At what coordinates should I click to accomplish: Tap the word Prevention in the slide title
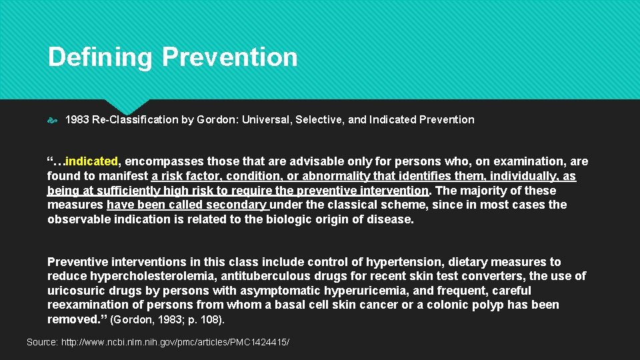(x=230, y=57)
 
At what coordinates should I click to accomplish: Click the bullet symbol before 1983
(x=53, y=120)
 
